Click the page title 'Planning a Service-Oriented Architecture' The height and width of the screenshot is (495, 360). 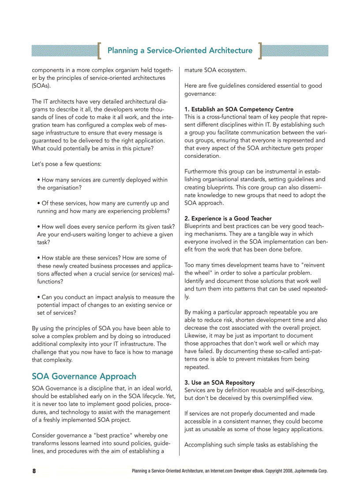(180, 50)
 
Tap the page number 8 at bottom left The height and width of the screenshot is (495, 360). (34, 471)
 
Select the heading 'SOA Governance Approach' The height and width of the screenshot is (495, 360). (84, 376)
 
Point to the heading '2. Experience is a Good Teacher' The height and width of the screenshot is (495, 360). (228, 219)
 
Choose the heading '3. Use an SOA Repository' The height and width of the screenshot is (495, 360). (219, 383)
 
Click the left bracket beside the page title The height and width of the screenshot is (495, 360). (100, 50)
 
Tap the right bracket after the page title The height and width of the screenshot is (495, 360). (260, 50)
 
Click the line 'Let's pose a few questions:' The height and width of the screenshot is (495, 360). (67, 164)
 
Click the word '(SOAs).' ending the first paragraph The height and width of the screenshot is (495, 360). (41, 86)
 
